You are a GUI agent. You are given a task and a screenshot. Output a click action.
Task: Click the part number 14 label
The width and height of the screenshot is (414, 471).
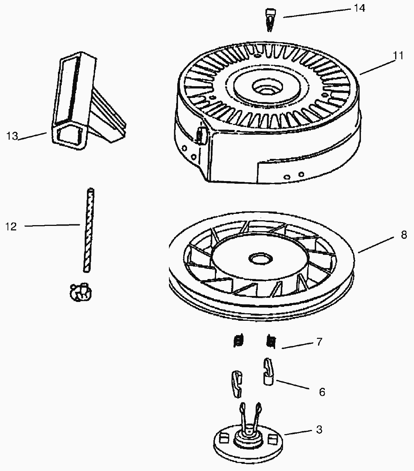359,8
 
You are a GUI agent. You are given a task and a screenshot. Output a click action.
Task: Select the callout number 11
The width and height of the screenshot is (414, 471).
398,55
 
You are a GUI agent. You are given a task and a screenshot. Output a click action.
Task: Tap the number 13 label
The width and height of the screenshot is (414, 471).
12,136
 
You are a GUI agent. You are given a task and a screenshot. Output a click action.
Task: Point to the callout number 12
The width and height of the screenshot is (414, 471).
11,227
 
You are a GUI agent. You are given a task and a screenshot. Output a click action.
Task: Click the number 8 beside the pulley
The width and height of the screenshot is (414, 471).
404,235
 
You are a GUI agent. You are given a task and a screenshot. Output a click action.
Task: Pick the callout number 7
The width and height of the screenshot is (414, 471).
319,342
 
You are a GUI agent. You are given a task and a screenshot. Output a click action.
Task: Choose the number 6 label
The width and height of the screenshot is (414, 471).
322,392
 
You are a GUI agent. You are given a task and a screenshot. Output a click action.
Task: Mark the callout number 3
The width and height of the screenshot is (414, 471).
319,430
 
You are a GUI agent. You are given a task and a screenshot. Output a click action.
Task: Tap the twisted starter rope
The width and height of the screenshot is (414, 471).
88,230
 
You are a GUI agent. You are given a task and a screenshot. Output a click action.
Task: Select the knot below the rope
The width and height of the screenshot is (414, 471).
79,292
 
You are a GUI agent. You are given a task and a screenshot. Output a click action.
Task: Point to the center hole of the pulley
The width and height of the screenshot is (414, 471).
260,259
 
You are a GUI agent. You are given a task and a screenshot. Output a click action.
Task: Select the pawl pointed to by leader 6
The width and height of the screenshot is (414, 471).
267,372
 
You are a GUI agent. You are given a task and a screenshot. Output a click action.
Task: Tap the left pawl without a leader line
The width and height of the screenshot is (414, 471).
237,384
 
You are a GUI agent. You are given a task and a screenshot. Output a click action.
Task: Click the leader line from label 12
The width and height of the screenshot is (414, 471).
53,225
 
